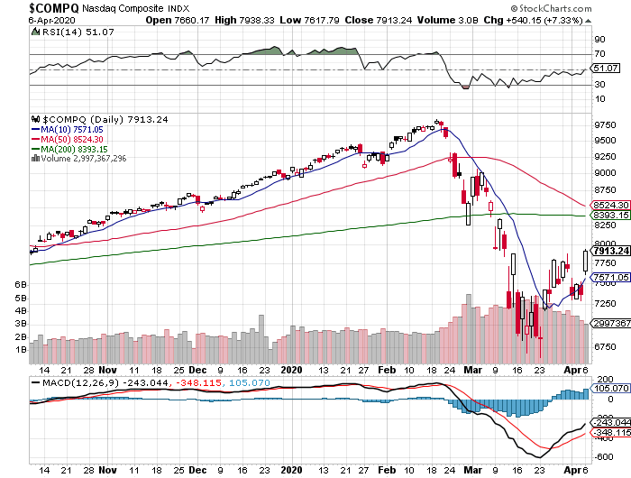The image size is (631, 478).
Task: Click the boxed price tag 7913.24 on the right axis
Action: pyautogui.click(x=609, y=252)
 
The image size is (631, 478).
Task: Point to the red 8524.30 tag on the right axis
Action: pyautogui.click(x=608, y=205)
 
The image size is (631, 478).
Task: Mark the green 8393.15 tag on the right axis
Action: pyautogui.click(x=608, y=216)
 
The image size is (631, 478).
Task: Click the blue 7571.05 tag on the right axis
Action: pyautogui.click(x=608, y=278)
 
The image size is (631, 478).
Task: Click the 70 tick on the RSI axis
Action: pyautogui.click(x=599, y=55)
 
